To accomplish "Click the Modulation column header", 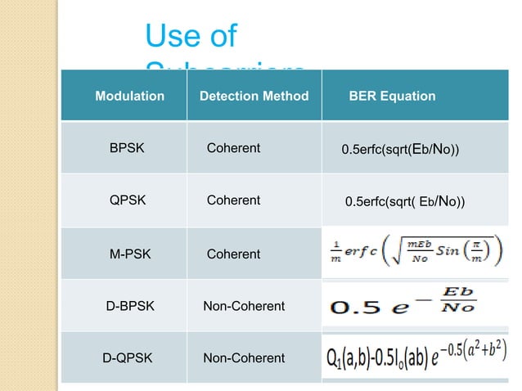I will tap(130, 97).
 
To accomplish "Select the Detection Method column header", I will tap(254, 97).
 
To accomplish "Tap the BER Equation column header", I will tap(392, 97).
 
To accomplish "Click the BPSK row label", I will tap(127, 148).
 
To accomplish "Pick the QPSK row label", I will tap(128, 200).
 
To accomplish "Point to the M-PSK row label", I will tap(128, 254).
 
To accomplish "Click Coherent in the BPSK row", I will tap(233, 148).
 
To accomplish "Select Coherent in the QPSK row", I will tap(233, 200).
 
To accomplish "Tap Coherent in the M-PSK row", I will tap(233, 254).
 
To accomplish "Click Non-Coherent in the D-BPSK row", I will tap(244, 306).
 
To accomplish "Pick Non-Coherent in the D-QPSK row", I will tap(244, 357).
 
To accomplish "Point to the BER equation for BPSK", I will tap(400, 150).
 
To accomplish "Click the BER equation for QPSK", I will tap(405, 201).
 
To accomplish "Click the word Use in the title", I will tap(169, 35).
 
